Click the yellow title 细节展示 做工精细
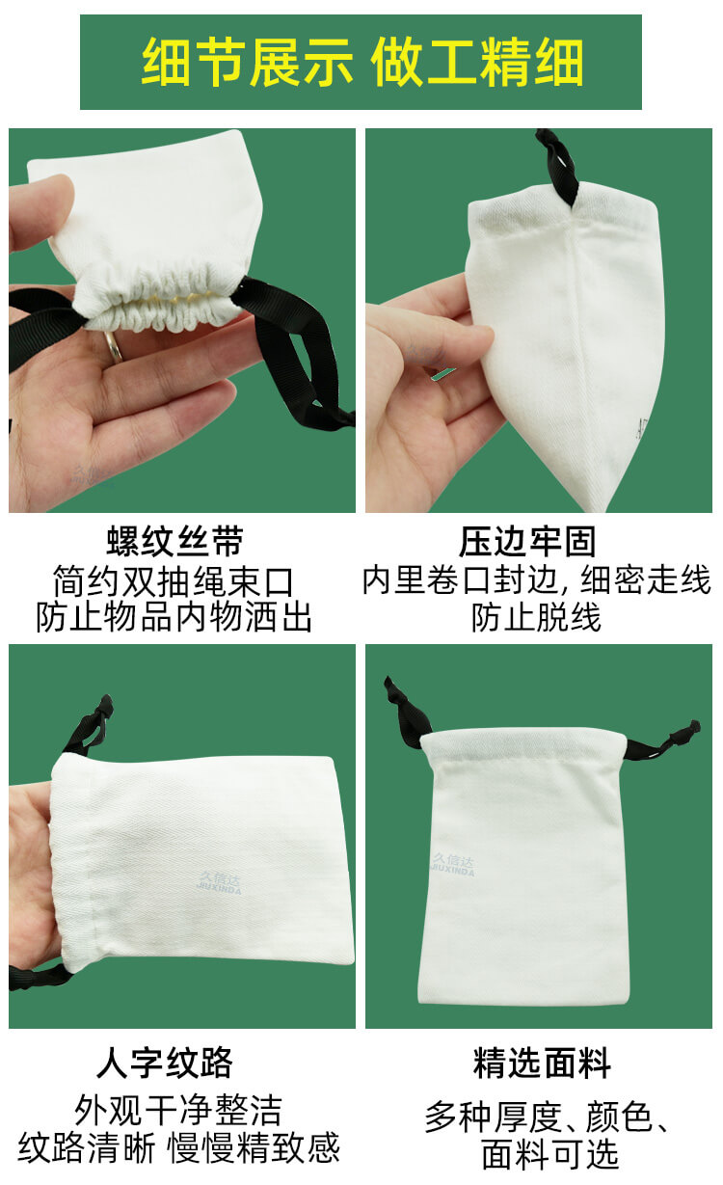pyautogui.click(x=361, y=62)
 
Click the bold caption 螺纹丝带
pyautogui.click(x=174, y=542)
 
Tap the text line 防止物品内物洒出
pyautogui.click(x=174, y=617)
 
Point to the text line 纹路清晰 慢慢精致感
pyautogui.click(x=179, y=1148)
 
